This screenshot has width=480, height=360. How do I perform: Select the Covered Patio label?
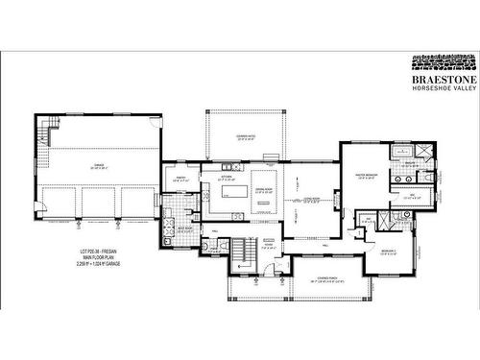click(x=245, y=139)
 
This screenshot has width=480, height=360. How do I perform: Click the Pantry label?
click(x=180, y=179)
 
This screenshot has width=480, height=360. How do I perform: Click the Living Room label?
click(x=305, y=200)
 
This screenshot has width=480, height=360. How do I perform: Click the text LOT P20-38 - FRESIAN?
click(x=97, y=252)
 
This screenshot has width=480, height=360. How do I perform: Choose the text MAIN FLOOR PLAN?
click(x=97, y=258)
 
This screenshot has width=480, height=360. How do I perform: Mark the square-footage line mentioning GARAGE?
click(x=97, y=265)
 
